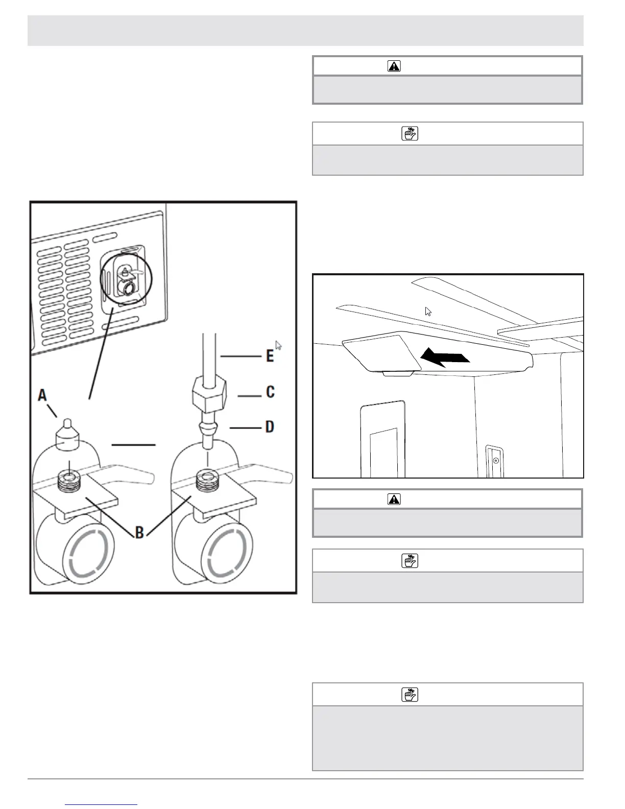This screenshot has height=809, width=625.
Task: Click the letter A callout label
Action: coord(42,395)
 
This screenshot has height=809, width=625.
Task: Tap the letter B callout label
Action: coord(139,533)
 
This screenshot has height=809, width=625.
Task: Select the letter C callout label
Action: coord(270,392)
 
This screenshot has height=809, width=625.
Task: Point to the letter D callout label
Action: coord(270,425)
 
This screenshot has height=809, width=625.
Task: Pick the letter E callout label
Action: coord(269,355)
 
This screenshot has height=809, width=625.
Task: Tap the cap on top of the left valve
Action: coord(68,436)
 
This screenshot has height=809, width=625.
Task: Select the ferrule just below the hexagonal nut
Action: coord(208,427)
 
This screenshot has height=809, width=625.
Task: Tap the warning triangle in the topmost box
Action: coord(394,66)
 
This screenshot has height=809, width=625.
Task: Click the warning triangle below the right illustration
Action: coord(394,499)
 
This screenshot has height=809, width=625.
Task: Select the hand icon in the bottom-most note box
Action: coord(410,695)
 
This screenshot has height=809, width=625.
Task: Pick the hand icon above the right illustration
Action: coord(410,134)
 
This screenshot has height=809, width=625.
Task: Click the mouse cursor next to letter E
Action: coord(278,345)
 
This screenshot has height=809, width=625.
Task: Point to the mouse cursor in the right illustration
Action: coord(428,312)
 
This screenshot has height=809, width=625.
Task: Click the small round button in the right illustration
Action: coord(495,461)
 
